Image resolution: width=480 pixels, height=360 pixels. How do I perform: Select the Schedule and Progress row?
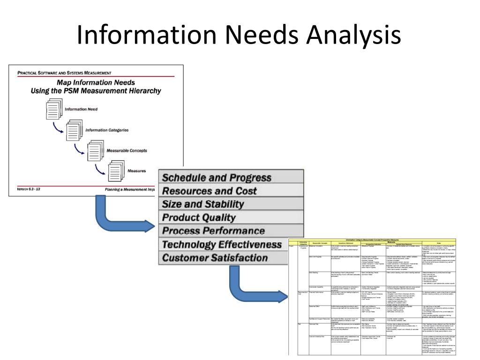217,178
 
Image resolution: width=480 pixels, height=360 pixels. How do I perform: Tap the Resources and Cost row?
209,191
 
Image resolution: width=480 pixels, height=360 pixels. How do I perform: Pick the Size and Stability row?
202,204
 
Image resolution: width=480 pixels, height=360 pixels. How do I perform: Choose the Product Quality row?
198,217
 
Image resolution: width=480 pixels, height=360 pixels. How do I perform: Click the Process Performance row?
213,231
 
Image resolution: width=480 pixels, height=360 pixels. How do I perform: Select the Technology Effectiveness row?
221,245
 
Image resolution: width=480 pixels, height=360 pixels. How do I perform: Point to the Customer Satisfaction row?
215,258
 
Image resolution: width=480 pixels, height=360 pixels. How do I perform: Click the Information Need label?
82,109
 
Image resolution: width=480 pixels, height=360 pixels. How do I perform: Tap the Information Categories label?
107,130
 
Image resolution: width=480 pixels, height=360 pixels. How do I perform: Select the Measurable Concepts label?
127,150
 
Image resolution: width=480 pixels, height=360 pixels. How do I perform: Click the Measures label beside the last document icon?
136,171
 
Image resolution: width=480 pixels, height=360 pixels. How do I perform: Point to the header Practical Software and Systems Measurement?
64,73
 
